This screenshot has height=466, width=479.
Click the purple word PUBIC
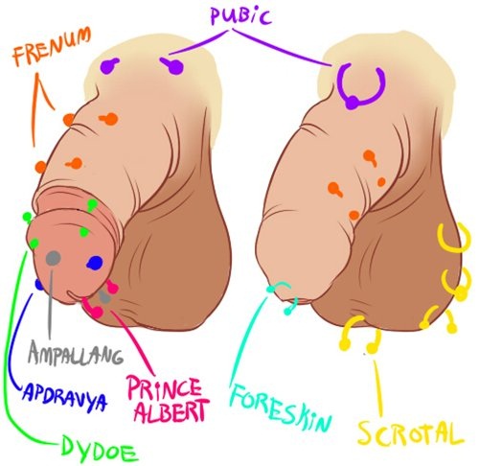240,15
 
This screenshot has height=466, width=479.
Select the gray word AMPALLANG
76,353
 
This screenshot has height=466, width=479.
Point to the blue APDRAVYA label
65,395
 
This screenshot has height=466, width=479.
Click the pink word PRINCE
165,387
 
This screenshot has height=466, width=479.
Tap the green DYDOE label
100,449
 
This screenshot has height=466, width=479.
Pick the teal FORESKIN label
281,407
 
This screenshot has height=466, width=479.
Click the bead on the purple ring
352,103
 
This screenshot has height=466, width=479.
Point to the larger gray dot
54,258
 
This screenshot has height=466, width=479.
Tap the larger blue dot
95,263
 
